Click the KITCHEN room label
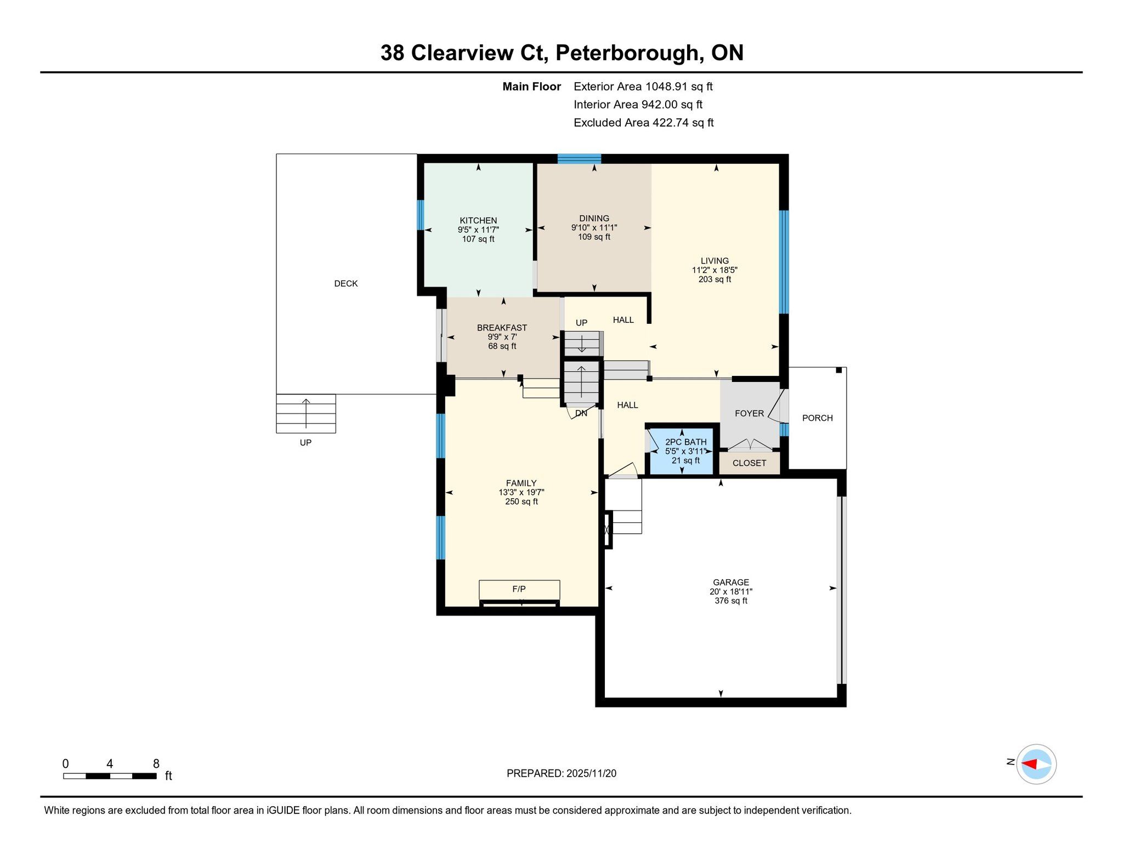tap(478, 220)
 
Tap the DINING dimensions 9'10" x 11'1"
tap(594, 227)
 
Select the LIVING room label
tap(714, 261)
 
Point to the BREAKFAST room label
tap(502, 328)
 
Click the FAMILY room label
tap(521, 483)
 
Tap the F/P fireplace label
tap(519, 589)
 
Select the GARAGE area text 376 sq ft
tap(731, 601)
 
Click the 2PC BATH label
tap(685, 442)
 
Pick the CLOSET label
tap(749, 463)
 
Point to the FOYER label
tap(749, 414)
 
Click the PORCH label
tap(817, 418)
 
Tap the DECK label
tap(346, 283)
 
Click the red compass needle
tap(1029, 764)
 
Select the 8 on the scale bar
tap(156, 763)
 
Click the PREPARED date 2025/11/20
tap(591, 773)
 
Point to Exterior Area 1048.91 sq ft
tap(643, 87)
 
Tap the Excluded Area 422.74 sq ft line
tap(644, 123)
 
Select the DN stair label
tap(581, 413)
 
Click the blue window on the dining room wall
tap(579, 159)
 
